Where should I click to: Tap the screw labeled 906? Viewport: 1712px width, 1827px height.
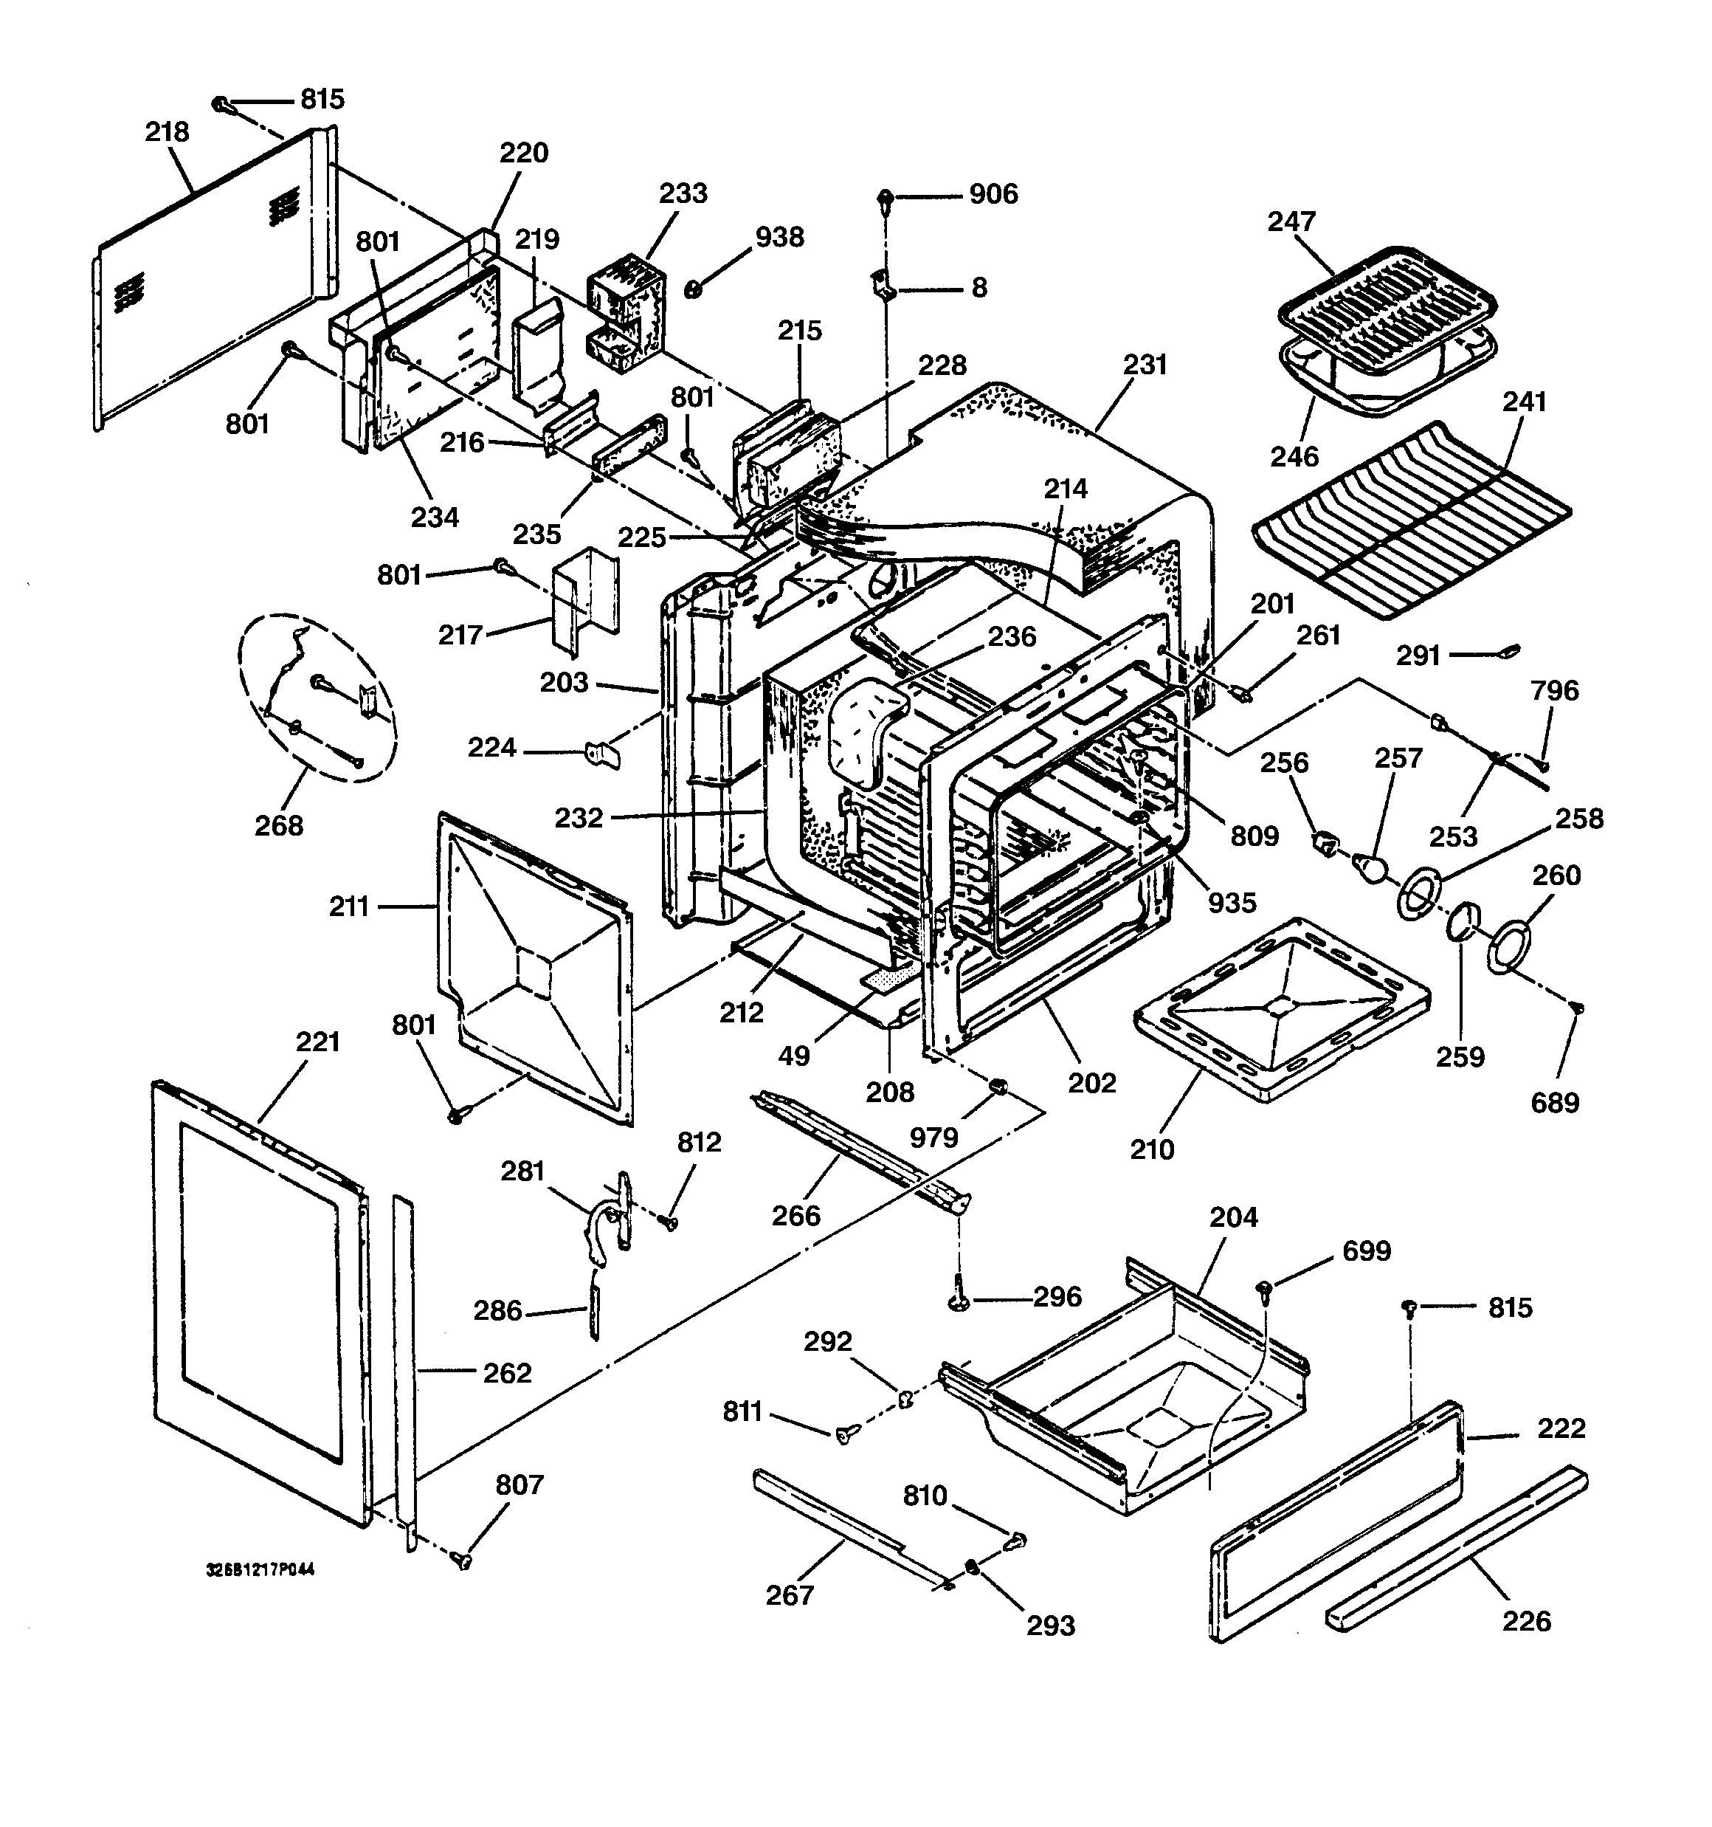pyautogui.click(x=886, y=196)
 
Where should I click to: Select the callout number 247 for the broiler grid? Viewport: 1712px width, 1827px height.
pyautogui.click(x=1291, y=221)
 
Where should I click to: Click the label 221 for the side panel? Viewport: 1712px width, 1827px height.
pyautogui.click(x=317, y=1042)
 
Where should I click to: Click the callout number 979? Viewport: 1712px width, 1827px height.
pyautogui.click(x=933, y=1138)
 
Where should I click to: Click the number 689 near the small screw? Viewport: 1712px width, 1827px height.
pyautogui.click(x=1554, y=1102)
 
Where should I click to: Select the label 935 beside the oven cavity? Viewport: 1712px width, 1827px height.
pyautogui.click(x=1232, y=904)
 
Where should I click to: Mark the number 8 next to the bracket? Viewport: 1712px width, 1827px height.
pyautogui.click(x=979, y=288)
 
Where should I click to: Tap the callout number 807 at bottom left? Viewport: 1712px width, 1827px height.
pyautogui.click(x=520, y=1484)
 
